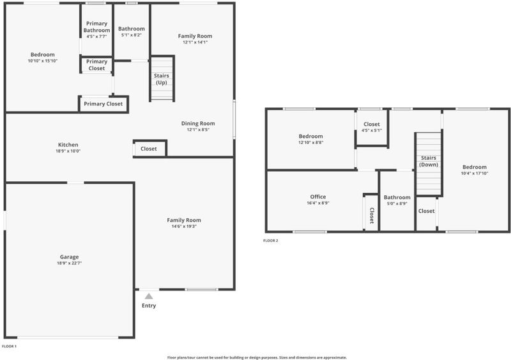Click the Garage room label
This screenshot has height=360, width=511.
69,257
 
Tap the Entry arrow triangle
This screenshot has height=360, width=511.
149,296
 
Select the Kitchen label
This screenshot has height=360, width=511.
68,145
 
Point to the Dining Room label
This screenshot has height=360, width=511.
198,123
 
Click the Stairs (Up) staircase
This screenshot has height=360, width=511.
162,79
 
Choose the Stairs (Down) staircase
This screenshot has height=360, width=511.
429,164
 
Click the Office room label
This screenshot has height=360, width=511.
318,197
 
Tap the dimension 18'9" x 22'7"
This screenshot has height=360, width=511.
69,263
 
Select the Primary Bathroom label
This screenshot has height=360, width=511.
97,27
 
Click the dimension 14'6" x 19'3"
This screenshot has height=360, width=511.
184,227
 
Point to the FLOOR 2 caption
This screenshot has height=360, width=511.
271,241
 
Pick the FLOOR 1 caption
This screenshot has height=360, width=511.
9,347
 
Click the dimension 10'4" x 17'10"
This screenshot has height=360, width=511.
475,174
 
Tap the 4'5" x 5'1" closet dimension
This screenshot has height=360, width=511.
372,130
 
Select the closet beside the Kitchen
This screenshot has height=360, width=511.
150,149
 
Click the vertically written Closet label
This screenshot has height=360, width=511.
372,215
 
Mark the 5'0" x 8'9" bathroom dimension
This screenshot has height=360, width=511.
397,204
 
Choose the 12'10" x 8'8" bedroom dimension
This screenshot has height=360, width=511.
311,142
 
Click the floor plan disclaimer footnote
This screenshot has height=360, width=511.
257,357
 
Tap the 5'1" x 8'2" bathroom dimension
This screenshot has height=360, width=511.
132,35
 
